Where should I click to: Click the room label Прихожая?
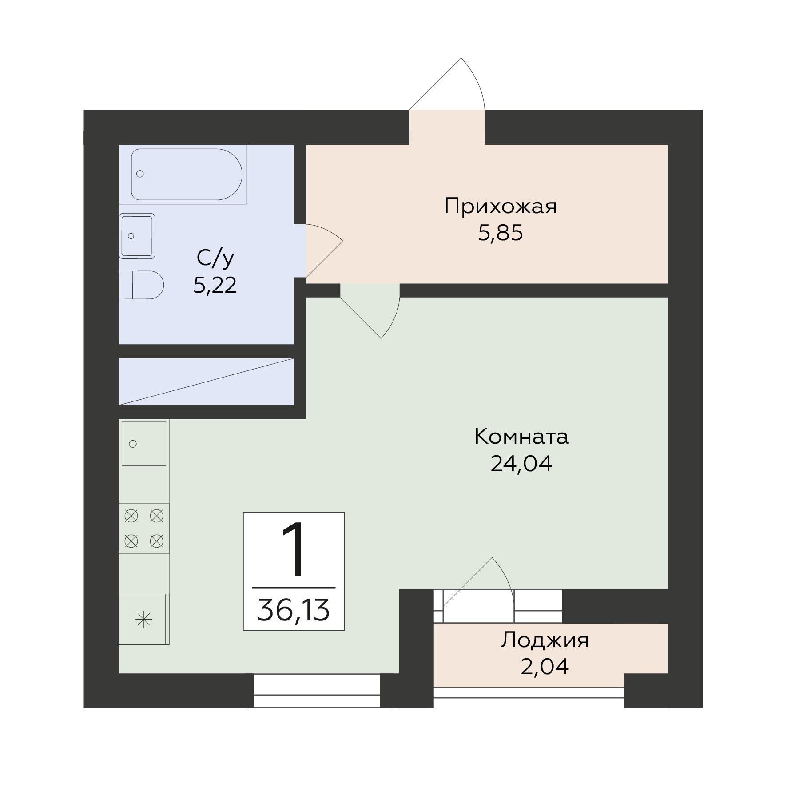(x=500, y=207)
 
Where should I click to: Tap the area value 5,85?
(x=501, y=233)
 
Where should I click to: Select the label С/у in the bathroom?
(x=215, y=258)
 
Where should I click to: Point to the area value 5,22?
(x=215, y=285)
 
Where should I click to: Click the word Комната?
(x=521, y=437)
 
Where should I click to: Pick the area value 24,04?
(x=521, y=463)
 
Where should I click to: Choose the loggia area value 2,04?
(x=545, y=667)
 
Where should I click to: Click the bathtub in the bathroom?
(x=183, y=175)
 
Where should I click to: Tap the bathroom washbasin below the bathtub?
(x=137, y=236)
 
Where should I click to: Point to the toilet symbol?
(x=141, y=285)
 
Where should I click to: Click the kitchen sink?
(x=144, y=444)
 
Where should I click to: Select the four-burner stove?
(x=144, y=529)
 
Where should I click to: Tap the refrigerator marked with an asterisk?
(x=144, y=619)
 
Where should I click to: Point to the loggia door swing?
(x=504, y=573)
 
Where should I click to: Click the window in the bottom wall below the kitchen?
(x=317, y=691)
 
